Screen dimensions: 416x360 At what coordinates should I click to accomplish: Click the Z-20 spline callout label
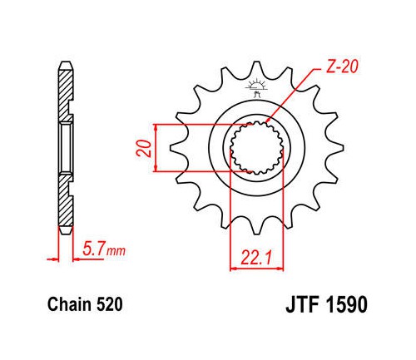(x=342, y=67)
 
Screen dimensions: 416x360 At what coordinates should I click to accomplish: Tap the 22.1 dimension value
(x=255, y=258)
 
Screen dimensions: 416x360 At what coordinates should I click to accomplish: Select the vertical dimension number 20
(x=145, y=149)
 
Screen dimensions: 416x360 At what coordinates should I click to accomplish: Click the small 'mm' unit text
(x=116, y=251)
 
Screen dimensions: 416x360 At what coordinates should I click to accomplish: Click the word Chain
(x=69, y=304)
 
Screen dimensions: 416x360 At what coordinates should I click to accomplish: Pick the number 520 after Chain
(x=110, y=304)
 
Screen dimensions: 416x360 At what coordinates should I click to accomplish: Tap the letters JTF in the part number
(x=302, y=304)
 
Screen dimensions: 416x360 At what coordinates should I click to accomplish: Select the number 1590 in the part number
(x=347, y=304)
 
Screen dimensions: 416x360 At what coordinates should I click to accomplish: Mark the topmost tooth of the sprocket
(x=256, y=68)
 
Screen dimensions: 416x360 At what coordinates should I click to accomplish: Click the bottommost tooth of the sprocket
(x=257, y=227)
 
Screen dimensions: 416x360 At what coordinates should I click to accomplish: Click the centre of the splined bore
(x=257, y=148)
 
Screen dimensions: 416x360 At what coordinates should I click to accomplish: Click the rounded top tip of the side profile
(x=66, y=65)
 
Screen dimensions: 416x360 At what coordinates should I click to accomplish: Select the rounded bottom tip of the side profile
(x=66, y=231)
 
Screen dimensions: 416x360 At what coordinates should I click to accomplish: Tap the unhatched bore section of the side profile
(x=66, y=148)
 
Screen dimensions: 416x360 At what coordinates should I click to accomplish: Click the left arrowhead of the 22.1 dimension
(x=234, y=269)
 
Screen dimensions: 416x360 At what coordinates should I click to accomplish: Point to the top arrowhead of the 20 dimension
(x=156, y=127)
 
